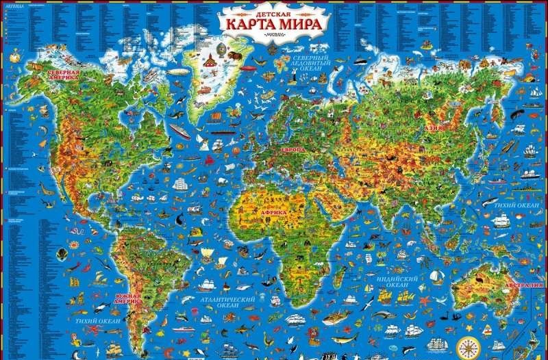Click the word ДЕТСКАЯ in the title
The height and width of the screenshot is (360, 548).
[273, 11]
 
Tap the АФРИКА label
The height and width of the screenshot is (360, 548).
[272, 212]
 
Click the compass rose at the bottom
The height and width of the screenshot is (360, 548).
[468, 346]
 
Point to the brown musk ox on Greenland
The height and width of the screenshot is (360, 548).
[235, 53]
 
